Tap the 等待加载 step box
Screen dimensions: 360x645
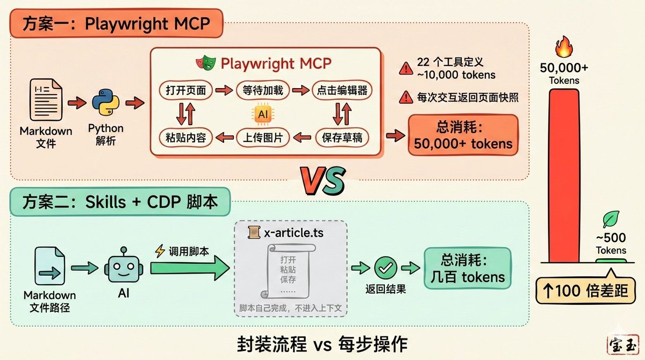coord(263,90)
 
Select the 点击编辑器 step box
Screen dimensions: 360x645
coord(342,90)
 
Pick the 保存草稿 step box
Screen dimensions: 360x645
coord(342,138)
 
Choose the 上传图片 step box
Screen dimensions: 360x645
coord(263,138)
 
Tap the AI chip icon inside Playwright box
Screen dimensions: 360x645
coord(263,113)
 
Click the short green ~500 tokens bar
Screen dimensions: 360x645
coord(611,261)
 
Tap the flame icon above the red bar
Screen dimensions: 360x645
coord(564,47)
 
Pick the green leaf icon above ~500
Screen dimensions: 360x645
coord(610,220)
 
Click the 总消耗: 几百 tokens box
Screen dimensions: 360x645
coord(467,268)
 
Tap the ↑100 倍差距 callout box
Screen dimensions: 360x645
coord(588,291)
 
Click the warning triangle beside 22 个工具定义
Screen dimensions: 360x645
coord(405,68)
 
